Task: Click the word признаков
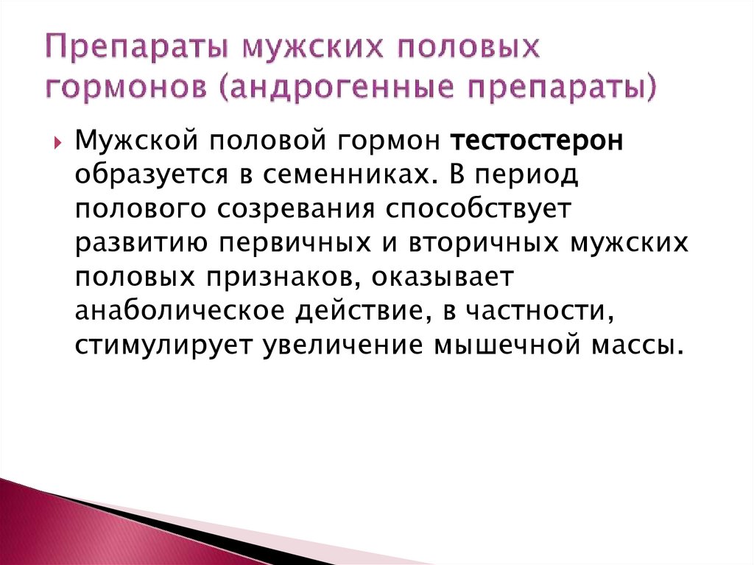click(x=285, y=276)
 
